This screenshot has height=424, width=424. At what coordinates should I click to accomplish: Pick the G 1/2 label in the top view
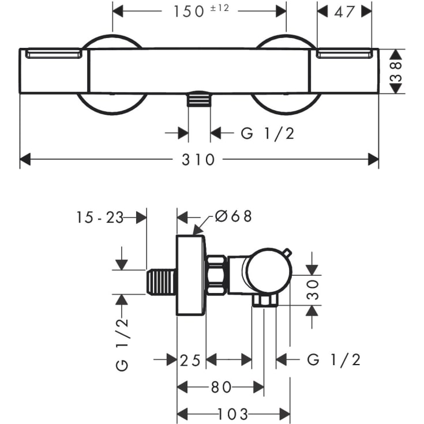[267, 133]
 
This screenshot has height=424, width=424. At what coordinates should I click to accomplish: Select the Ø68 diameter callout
[233, 216]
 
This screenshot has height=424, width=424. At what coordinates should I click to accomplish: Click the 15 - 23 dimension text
[100, 217]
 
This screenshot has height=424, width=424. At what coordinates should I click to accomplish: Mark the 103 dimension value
[233, 414]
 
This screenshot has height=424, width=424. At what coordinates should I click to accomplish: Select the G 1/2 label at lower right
[333, 361]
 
